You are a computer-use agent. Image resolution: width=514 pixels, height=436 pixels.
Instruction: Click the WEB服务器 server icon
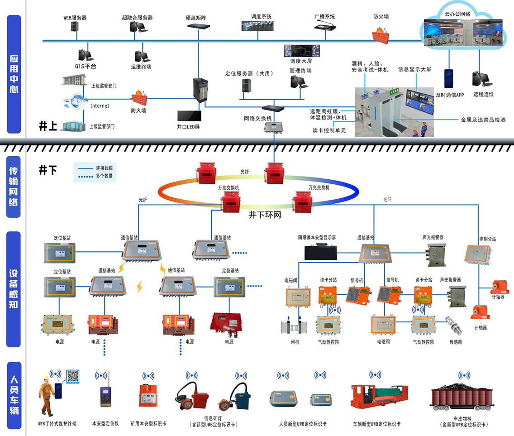pos(75,27)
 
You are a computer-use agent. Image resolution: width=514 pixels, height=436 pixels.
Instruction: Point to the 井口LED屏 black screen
pos(188,116)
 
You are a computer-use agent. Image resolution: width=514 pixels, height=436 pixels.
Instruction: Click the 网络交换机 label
pos(258,118)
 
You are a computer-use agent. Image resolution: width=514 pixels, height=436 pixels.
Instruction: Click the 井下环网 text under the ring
pos(265,215)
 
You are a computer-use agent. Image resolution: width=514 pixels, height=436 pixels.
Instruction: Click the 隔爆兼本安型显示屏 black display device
pos(321,252)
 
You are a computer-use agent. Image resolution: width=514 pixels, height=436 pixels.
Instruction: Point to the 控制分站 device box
pos(479,254)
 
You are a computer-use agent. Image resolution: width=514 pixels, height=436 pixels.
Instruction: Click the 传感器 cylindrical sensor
pos(454,325)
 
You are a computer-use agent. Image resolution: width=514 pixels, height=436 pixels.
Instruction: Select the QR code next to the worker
pos(73,376)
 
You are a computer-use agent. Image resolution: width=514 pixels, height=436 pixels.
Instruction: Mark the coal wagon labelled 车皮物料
pos(462,396)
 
